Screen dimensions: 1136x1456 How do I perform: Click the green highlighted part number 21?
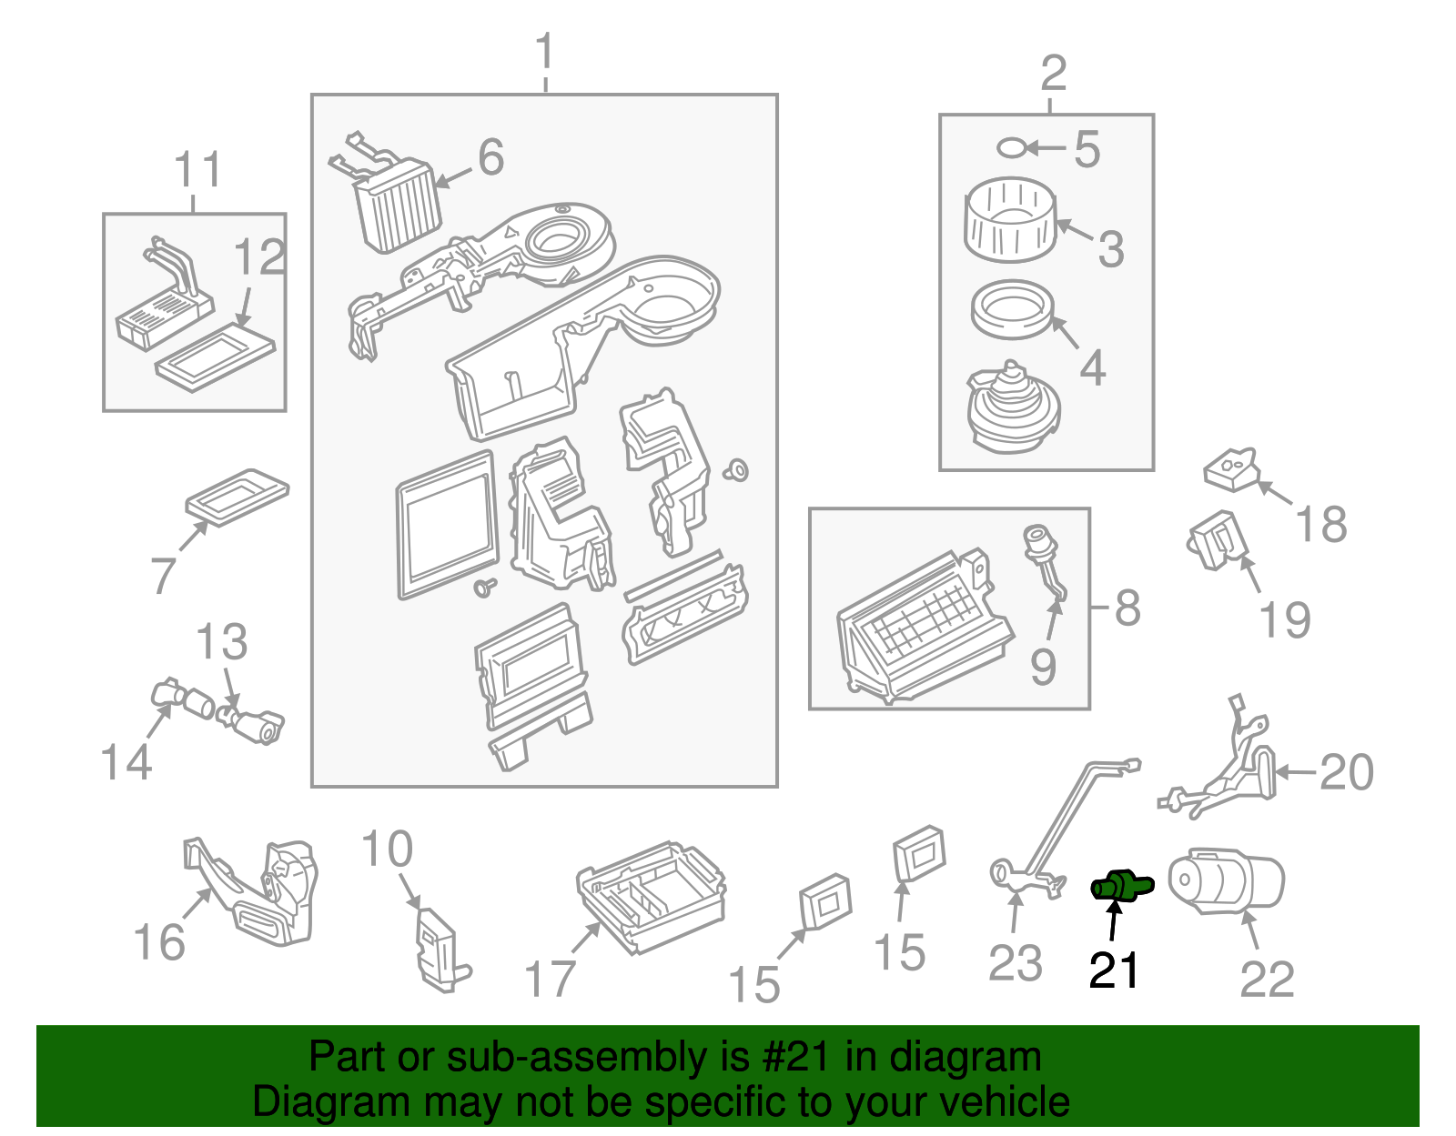1120,885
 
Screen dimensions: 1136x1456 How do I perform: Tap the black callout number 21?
1114,970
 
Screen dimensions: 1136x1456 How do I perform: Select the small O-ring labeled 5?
1011,147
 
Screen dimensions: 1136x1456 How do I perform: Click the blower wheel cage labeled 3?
1010,219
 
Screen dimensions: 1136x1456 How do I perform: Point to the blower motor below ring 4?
1012,408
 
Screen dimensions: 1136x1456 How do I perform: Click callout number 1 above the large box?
544,52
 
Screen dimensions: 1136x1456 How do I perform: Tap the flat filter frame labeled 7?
237,497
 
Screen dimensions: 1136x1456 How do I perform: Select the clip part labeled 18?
1231,469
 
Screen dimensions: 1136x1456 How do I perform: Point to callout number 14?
126,761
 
